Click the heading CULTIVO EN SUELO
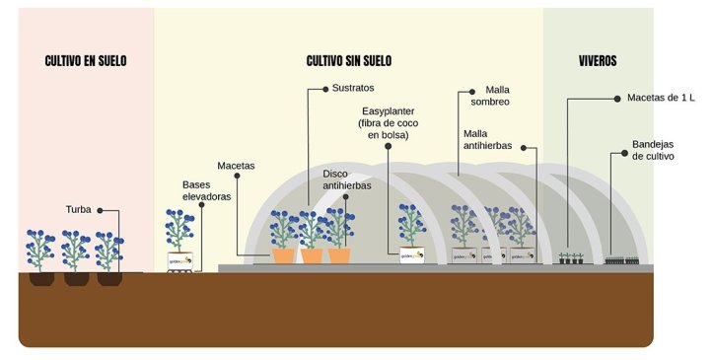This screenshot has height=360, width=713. (86, 61)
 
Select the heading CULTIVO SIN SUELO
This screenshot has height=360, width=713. (348, 61)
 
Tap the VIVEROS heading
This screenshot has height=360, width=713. (598, 61)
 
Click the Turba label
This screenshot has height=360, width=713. (79, 209)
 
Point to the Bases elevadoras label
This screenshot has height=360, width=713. (206, 190)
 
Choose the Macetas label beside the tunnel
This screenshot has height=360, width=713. (236, 166)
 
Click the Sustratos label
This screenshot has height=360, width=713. (354, 88)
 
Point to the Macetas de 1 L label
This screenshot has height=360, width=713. (661, 98)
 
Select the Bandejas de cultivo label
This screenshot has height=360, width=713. (654, 150)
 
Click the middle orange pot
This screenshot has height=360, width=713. (312, 255)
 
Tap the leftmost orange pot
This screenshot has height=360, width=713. (283, 255)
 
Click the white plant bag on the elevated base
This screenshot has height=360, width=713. (180, 259)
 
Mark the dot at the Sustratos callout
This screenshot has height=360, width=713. (326, 89)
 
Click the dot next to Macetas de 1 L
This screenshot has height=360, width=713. (619, 98)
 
